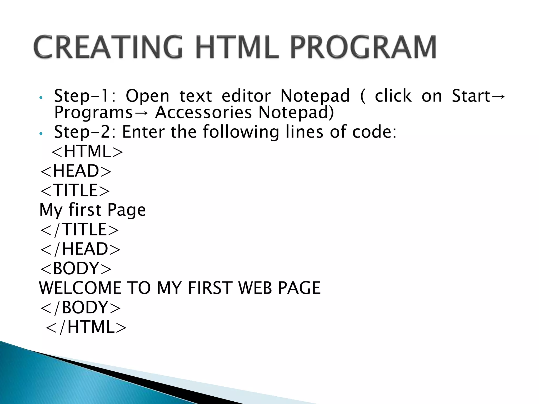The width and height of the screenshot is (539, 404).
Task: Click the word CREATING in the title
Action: [x=108, y=47]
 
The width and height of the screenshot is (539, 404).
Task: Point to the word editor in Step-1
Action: [x=246, y=96]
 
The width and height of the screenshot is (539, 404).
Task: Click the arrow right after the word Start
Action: [x=498, y=96]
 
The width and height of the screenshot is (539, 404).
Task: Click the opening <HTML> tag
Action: [x=87, y=151]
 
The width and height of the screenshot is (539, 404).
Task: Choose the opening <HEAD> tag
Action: [x=76, y=171]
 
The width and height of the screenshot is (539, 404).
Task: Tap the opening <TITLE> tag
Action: [x=75, y=190]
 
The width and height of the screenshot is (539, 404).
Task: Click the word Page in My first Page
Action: [x=126, y=210]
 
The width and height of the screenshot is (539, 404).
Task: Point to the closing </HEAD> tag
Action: [x=80, y=249]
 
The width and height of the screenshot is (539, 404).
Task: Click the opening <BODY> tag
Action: [x=76, y=268]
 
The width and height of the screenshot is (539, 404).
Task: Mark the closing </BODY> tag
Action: [x=80, y=307]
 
